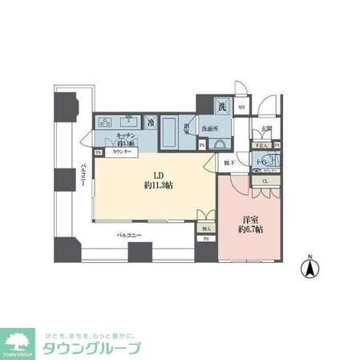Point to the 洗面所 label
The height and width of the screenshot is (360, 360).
coord(211,128)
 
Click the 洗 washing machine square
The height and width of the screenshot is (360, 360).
coord(221,104)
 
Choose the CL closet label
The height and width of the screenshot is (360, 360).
coord(265,181)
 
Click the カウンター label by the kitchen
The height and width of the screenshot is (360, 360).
coord(121,151)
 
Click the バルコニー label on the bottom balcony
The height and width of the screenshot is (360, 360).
coord(129,236)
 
